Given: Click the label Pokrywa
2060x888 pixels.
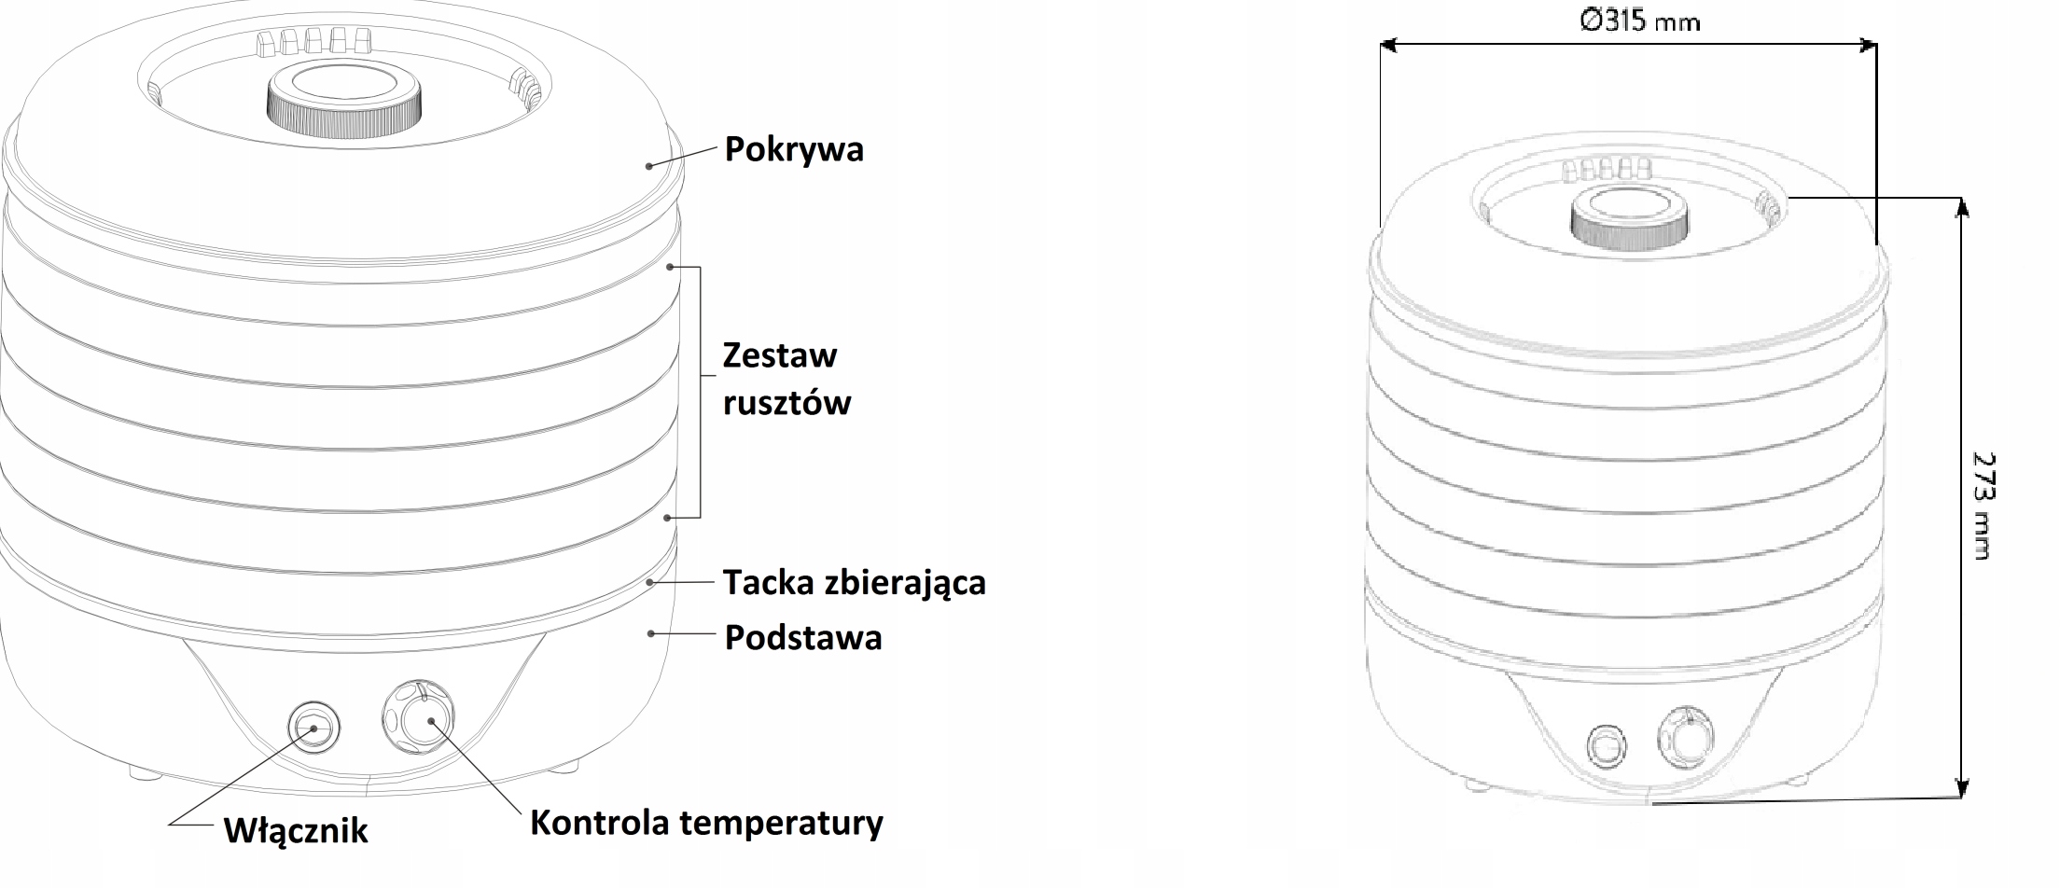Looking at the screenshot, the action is click(x=794, y=150).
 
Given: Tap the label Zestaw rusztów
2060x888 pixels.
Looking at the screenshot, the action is click(x=786, y=379).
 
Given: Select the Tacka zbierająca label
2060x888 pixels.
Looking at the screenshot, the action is click(x=854, y=583).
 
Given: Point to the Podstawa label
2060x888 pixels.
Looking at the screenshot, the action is click(x=803, y=638).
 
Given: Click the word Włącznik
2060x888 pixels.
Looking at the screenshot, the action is click(x=296, y=830).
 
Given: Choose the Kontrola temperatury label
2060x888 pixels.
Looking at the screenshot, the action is click(x=706, y=823).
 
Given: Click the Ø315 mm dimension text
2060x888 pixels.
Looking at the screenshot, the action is click(x=1639, y=21).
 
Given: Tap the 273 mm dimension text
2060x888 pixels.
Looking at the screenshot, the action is click(x=1983, y=506).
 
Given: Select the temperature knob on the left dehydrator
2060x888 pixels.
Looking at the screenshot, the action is click(x=419, y=719).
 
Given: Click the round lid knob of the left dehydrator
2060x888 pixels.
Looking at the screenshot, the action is click(x=344, y=100).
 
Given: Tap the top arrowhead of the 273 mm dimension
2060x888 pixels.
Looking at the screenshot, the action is click(x=1961, y=207).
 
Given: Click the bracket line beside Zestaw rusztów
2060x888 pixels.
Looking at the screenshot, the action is click(x=700, y=392).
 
